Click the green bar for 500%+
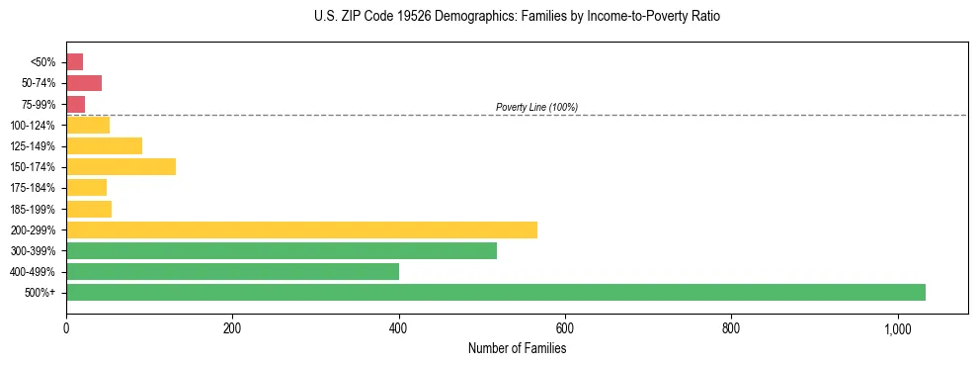(x=495, y=292)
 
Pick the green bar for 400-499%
(x=232, y=271)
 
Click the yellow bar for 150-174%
(x=121, y=166)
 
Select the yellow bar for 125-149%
(x=104, y=145)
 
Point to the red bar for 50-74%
(x=84, y=83)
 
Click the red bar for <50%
(x=74, y=62)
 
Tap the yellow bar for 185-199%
(x=89, y=209)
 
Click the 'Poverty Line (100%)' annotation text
(x=536, y=107)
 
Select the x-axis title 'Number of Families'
(x=517, y=348)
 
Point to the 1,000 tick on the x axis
(x=898, y=328)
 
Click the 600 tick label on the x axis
(x=565, y=328)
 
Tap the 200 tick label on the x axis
(x=232, y=328)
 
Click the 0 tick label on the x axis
(x=66, y=328)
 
